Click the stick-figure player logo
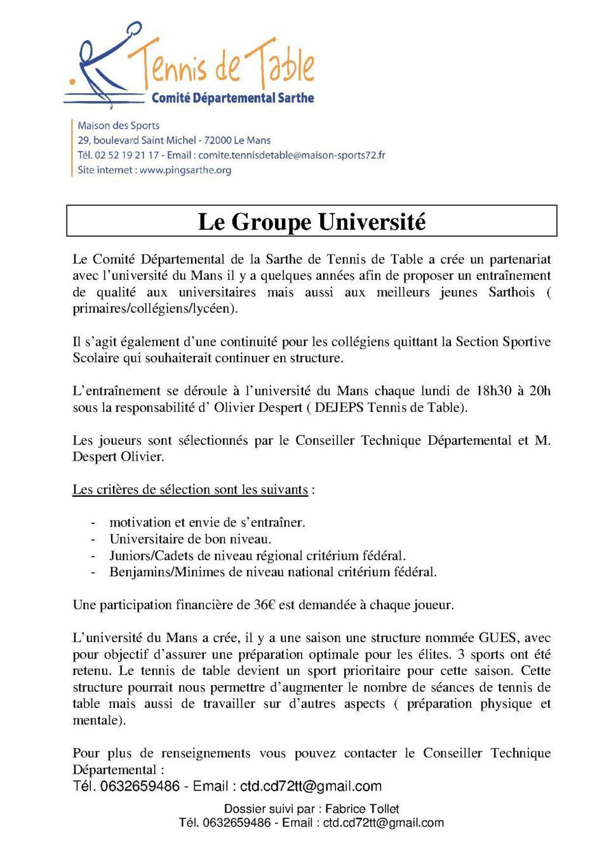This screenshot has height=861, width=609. click(105, 63)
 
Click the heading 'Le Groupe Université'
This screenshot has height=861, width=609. click(311, 221)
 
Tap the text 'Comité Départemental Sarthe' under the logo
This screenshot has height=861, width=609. click(232, 98)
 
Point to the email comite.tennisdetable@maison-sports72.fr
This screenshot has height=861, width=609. click(291, 155)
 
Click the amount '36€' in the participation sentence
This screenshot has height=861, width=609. click(265, 605)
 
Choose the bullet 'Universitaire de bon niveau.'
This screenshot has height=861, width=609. click(191, 539)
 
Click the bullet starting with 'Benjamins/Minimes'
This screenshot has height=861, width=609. click(273, 572)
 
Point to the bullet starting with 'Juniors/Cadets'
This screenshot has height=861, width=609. click(257, 556)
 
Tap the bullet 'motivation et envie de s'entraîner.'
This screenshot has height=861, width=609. click(207, 523)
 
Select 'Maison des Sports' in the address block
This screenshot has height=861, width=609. click(118, 126)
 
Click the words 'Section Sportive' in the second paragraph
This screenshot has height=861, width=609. click(503, 341)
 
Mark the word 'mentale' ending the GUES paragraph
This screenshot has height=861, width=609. click(95, 720)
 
